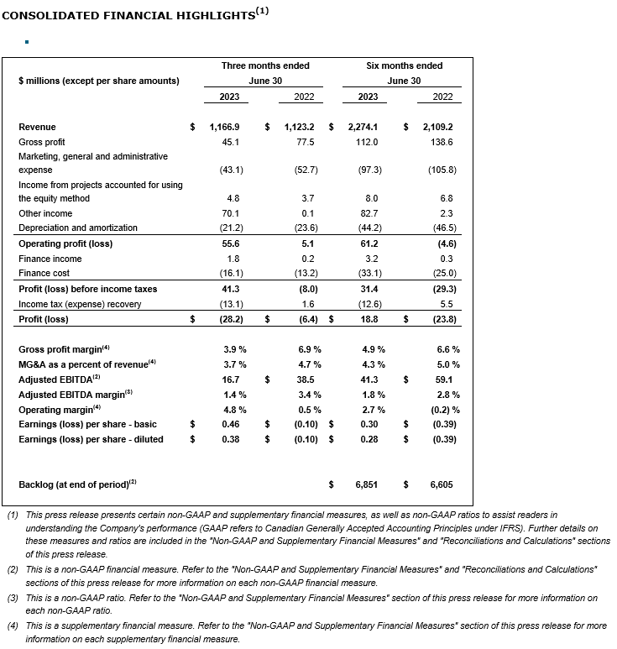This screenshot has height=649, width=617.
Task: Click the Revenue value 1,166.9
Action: click(224, 127)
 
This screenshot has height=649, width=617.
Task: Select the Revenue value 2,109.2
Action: click(437, 127)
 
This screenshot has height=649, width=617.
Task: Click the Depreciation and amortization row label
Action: click(78, 228)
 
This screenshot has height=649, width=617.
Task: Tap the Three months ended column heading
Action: click(265, 65)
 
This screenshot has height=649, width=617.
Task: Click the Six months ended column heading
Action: click(405, 65)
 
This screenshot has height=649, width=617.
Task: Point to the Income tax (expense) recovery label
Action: click(80, 303)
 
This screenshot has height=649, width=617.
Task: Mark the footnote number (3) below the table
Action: click(12, 597)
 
